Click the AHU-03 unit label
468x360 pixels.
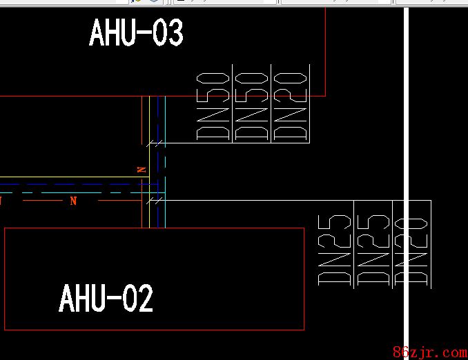[136, 33]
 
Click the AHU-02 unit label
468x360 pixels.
[106, 299]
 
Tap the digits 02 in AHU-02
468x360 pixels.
[137, 299]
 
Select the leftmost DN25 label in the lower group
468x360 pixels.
[334, 250]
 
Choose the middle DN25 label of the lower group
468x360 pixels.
[373, 250]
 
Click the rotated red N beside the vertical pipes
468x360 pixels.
[142, 169]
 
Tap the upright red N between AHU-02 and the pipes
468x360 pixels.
[73, 201]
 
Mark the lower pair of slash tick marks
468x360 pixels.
[156, 201]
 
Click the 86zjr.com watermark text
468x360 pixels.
[429, 352]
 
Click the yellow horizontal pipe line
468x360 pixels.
[69, 178]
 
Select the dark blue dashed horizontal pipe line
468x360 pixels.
[69, 185]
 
